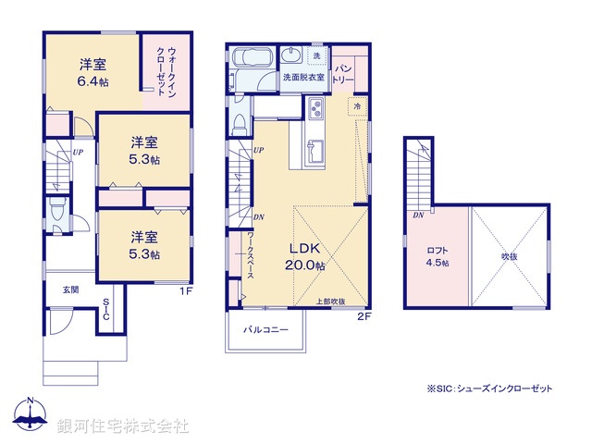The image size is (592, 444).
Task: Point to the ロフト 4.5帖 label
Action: [x=437, y=255]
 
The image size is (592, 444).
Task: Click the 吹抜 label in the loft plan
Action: [x=510, y=256]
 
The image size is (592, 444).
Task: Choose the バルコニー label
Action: [x=266, y=329]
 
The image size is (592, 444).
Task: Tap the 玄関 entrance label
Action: [x=70, y=290]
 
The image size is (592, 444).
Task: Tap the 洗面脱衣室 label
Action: [x=303, y=78]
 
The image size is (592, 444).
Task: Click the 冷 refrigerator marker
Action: [x=357, y=107]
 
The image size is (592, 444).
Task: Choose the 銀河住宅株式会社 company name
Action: [x=123, y=426]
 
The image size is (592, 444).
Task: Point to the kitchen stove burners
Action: [x=314, y=115]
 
